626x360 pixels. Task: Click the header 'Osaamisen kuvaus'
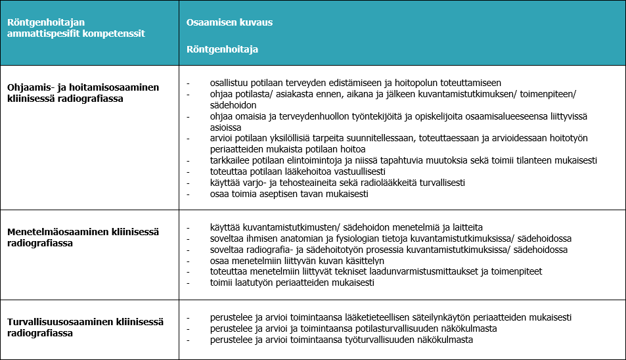[x=229, y=22]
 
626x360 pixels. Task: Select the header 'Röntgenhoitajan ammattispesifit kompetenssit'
[x=76, y=28]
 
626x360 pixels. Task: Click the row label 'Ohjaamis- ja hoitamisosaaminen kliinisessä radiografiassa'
[x=83, y=93]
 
